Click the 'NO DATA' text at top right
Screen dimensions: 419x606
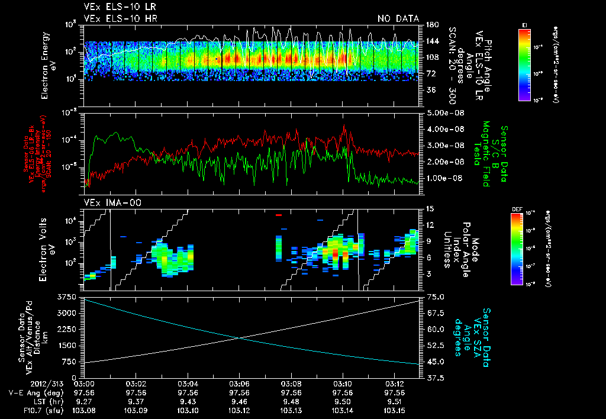click(x=398, y=19)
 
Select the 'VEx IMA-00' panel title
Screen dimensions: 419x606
click(x=107, y=202)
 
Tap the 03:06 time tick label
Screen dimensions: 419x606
click(x=239, y=383)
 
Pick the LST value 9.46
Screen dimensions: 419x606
click(x=239, y=401)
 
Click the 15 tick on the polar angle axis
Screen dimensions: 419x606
click(x=429, y=208)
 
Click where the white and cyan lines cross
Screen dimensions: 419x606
click(x=238, y=338)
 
